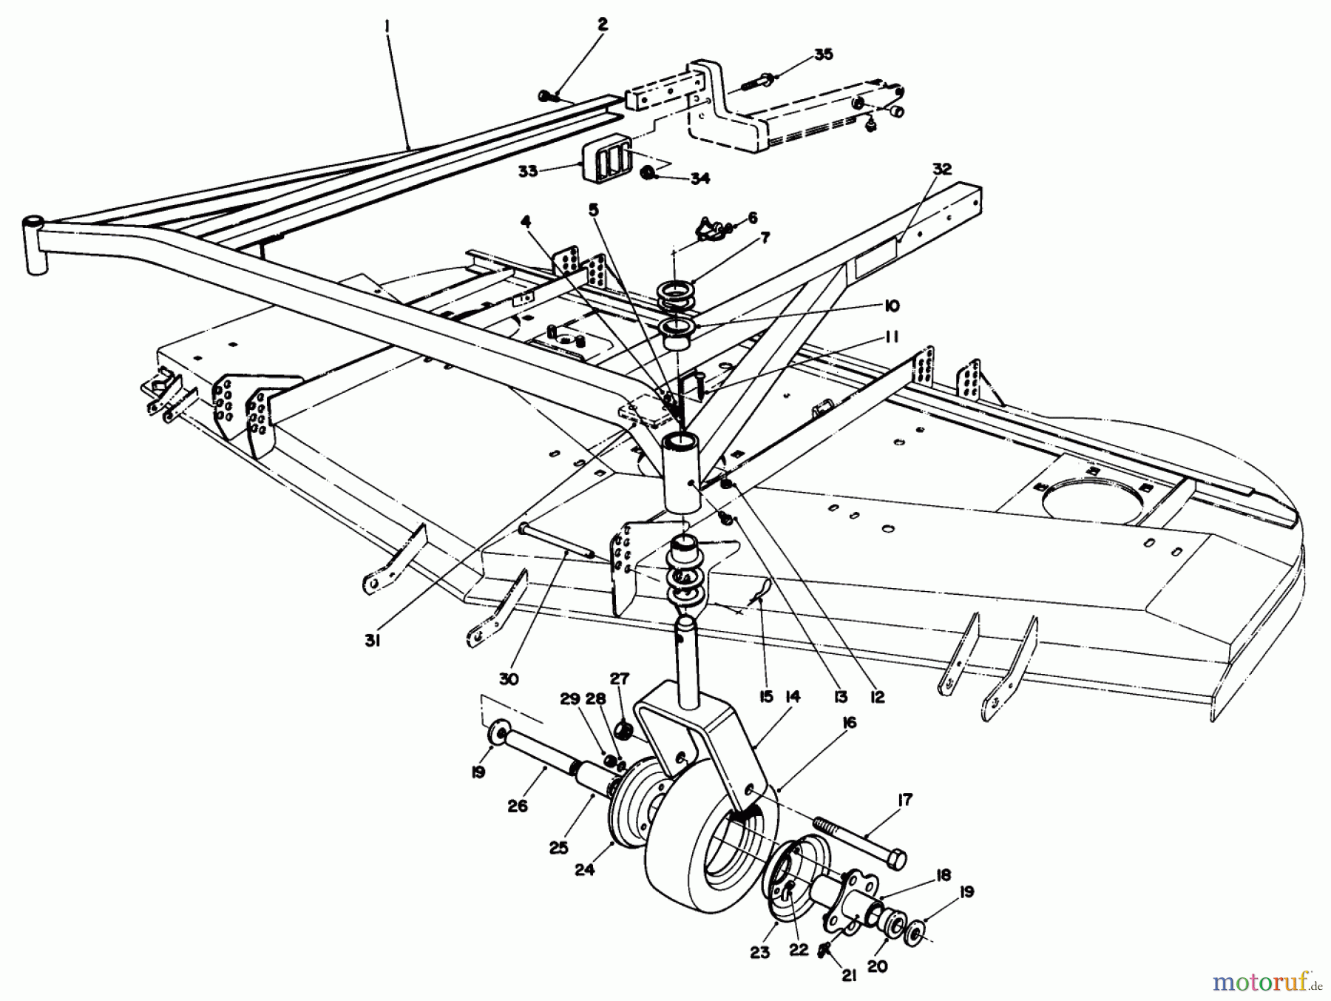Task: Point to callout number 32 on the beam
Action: tap(941, 168)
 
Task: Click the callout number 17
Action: tap(904, 800)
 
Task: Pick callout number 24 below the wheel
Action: tap(586, 871)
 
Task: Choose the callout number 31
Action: tap(372, 642)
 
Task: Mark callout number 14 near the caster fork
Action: tap(793, 696)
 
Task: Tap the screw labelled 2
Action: tap(547, 95)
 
